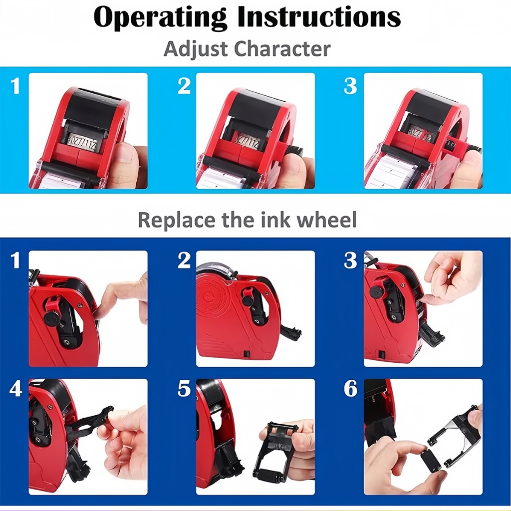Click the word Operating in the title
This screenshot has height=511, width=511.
(x=160, y=17)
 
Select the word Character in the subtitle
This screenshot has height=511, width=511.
(x=282, y=49)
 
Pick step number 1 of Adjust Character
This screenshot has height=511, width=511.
(x=15, y=86)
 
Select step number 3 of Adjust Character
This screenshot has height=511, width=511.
(x=350, y=86)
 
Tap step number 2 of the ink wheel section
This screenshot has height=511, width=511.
(x=184, y=260)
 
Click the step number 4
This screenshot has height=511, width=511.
(x=15, y=389)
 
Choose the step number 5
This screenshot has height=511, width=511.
(x=184, y=389)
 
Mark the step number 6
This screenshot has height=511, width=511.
(x=350, y=389)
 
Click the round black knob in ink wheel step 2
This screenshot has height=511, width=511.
(x=248, y=300)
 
